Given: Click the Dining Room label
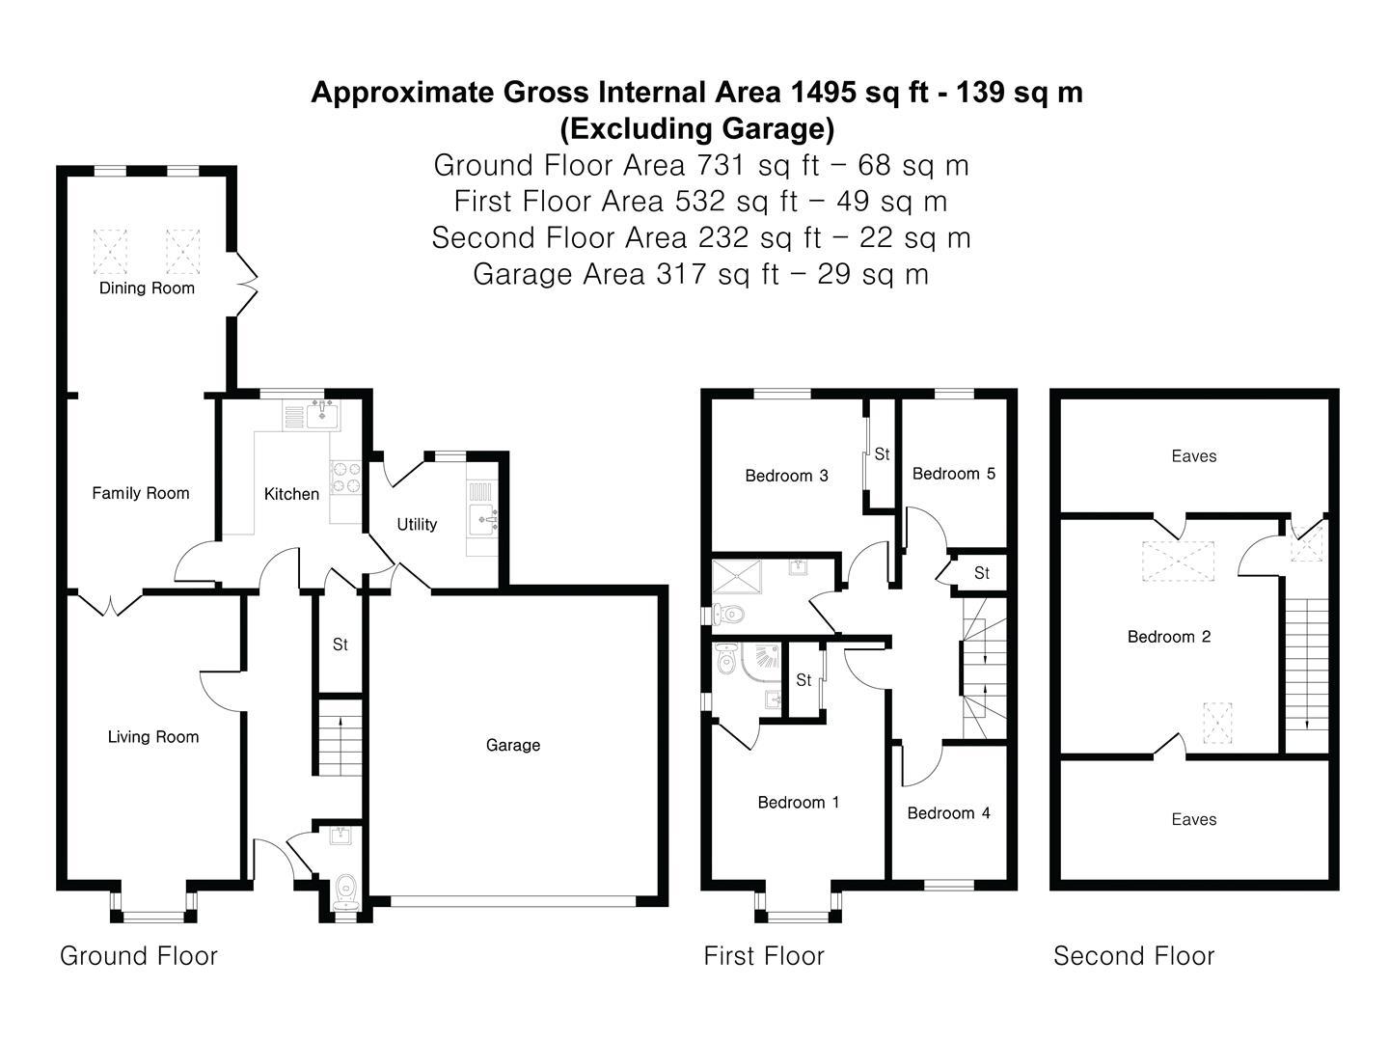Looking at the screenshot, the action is (x=147, y=288).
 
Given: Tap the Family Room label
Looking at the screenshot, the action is (x=141, y=493).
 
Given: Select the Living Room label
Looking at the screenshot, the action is (x=153, y=737).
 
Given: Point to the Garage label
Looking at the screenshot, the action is (x=513, y=745).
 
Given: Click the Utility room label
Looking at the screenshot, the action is (x=417, y=525).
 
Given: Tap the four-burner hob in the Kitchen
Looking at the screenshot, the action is (x=345, y=478).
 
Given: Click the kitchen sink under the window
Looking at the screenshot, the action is (x=323, y=415).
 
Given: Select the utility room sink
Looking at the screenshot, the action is (x=483, y=520).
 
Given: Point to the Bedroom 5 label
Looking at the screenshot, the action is (x=954, y=474).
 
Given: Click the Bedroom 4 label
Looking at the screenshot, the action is (x=948, y=813).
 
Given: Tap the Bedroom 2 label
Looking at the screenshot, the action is (x=1169, y=637).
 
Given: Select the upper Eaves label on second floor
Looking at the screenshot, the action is (x=1194, y=456).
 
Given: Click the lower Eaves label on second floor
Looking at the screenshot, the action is (x=1194, y=820).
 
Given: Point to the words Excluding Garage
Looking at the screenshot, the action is (x=697, y=129).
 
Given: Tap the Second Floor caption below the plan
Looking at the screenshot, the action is (x=1134, y=956).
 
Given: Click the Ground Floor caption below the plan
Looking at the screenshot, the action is (x=139, y=956).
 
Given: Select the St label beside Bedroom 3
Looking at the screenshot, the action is (x=883, y=454).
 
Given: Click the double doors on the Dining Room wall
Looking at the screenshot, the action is (x=247, y=285).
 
